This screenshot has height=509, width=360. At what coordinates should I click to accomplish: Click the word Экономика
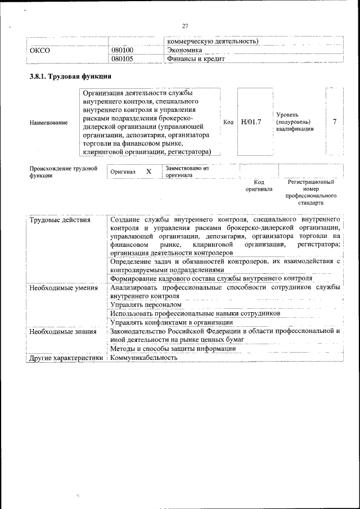[184, 50]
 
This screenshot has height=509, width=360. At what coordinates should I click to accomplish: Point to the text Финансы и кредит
[195, 58]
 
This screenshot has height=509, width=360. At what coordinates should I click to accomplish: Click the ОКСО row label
[40, 50]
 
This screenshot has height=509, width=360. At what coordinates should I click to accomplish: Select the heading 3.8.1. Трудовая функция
[70, 76]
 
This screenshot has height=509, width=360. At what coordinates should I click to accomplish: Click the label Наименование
[49, 123]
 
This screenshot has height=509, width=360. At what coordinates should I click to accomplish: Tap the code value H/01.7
[251, 122]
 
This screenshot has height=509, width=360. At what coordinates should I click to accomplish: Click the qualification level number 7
[335, 122]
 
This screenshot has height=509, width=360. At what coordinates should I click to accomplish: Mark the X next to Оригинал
[148, 172]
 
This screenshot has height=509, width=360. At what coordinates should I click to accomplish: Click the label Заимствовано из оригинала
[187, 172]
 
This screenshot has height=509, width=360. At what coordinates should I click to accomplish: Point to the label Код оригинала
[259, 186]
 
